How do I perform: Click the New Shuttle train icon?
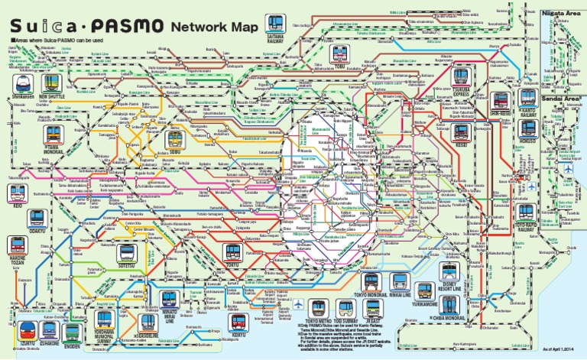[x=52, y=82]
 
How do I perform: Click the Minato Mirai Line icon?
[x=170, y=300]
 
